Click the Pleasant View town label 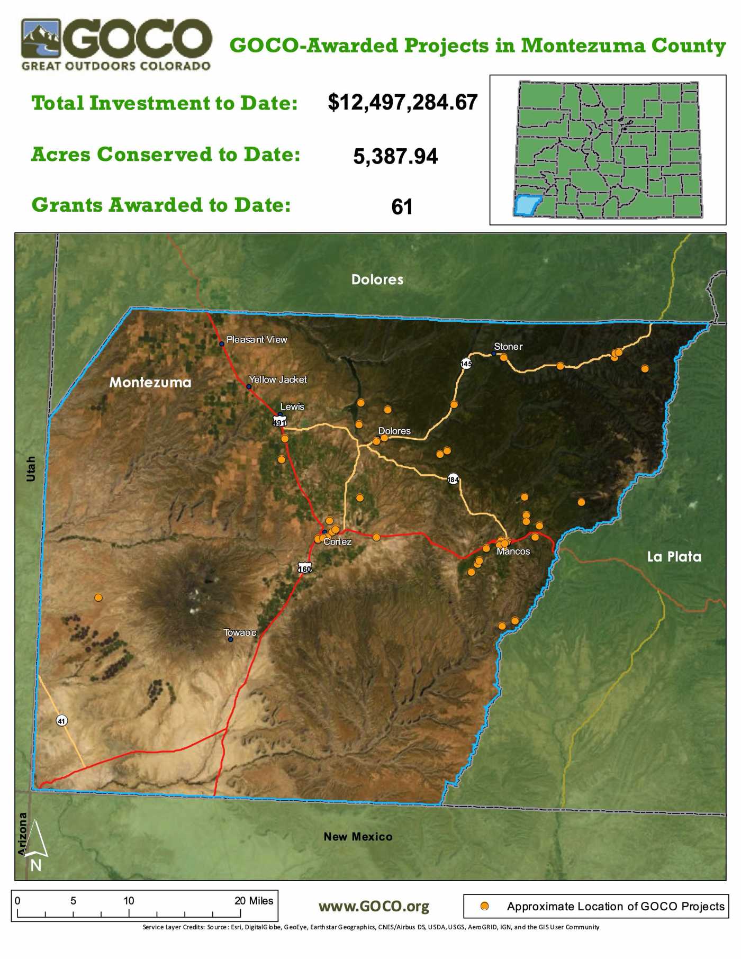pyautogui.click(x=257, y=340)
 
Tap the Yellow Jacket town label pyautogui.click(x=278, y=379)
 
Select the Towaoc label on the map pyautogui.click(x=240, y=632)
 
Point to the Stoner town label pyautogui.click(x=508, y=347)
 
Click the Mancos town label pyautogui.click(x=513, y=551)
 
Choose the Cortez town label pyautogui.click(x=338, y=542)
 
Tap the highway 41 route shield pyautogui.click(x=62, y=720)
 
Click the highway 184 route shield pyautogui.click(x=453, y=479)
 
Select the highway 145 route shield pyautogui.click(x=466, y=364)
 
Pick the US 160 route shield pyautogui.click(x=305, y=568)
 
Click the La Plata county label pyautogui.click(x=674, y=557)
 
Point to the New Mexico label pyautogui.click(x=358, y=836)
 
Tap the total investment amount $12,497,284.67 pyautogui.click(x=403, y=102)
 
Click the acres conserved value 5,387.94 pyautogui.click(x=395, y=156)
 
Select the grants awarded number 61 pyautogui.click(x=402, y=206)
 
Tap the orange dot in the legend pyautogui.click(x=484, y=906)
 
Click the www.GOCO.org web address pyautogui.click(x=374, y=907)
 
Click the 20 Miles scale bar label pyautogui.click(x=254, y=901)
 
